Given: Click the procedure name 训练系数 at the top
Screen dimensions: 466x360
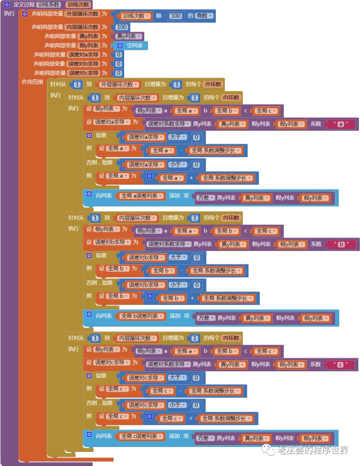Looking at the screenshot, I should point(48,4).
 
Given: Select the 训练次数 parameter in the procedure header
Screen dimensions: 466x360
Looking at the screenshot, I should point(78,4).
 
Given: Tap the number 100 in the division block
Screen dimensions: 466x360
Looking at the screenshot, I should point(176,16).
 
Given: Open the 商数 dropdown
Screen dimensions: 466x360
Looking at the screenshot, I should point(204,16).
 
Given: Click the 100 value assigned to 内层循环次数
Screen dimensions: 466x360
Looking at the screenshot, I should point(122,27).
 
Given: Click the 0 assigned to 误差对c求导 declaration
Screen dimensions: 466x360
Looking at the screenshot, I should point(119,73).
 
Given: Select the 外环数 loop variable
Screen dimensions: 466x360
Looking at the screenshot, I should point(213,84).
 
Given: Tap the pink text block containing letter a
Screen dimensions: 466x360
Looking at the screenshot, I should point(341,124).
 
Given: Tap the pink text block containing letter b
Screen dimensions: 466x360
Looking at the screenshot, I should point(341,244).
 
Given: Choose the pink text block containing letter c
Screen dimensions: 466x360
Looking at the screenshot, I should point(340,365).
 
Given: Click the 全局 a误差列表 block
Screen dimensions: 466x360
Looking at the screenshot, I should point(141,196).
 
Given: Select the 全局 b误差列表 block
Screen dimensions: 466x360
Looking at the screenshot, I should point(142,316).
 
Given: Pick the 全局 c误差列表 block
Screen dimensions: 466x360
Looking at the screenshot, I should point(141,436).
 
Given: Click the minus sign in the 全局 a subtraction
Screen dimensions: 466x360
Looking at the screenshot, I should point(181,150).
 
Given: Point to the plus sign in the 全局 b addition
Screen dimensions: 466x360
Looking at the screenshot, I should point(192,298).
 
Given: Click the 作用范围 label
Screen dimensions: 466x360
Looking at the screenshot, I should point(32,82).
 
